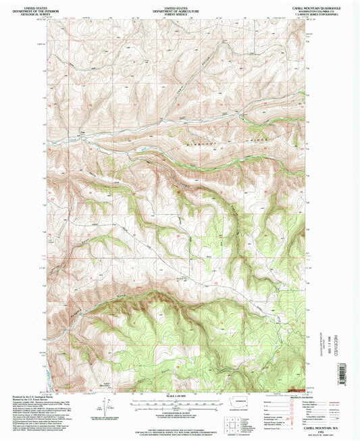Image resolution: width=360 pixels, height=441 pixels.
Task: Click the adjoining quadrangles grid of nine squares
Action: point(234,420)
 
